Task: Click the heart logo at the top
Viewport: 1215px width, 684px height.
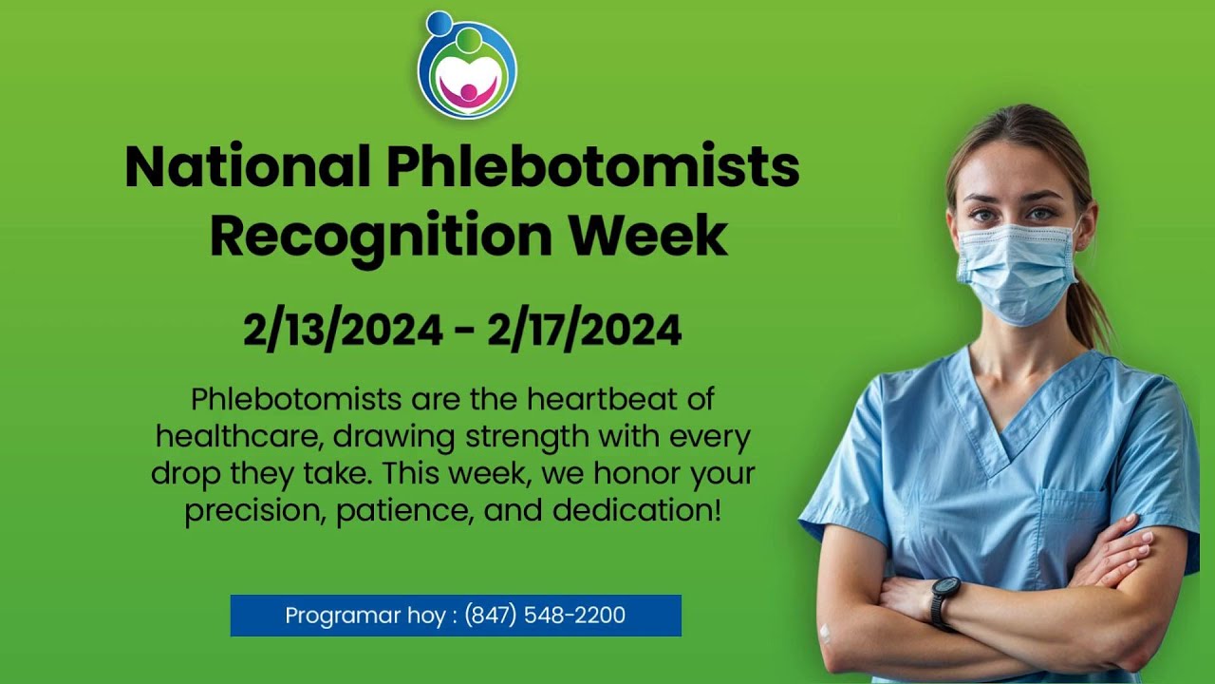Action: tap(466, 66)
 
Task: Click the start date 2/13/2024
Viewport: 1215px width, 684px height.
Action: tap(343, 331)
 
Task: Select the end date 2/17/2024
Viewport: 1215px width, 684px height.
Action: tap(584, 331)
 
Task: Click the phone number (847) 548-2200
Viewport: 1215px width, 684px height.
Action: tap(545, 616)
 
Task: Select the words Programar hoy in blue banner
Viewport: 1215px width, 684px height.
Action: tap(365, 616)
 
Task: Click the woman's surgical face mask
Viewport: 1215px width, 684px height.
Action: tap(1015, 272)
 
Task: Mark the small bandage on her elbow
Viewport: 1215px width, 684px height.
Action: tap(824, 632)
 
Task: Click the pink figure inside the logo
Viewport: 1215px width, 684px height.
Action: tap(467, 91)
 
